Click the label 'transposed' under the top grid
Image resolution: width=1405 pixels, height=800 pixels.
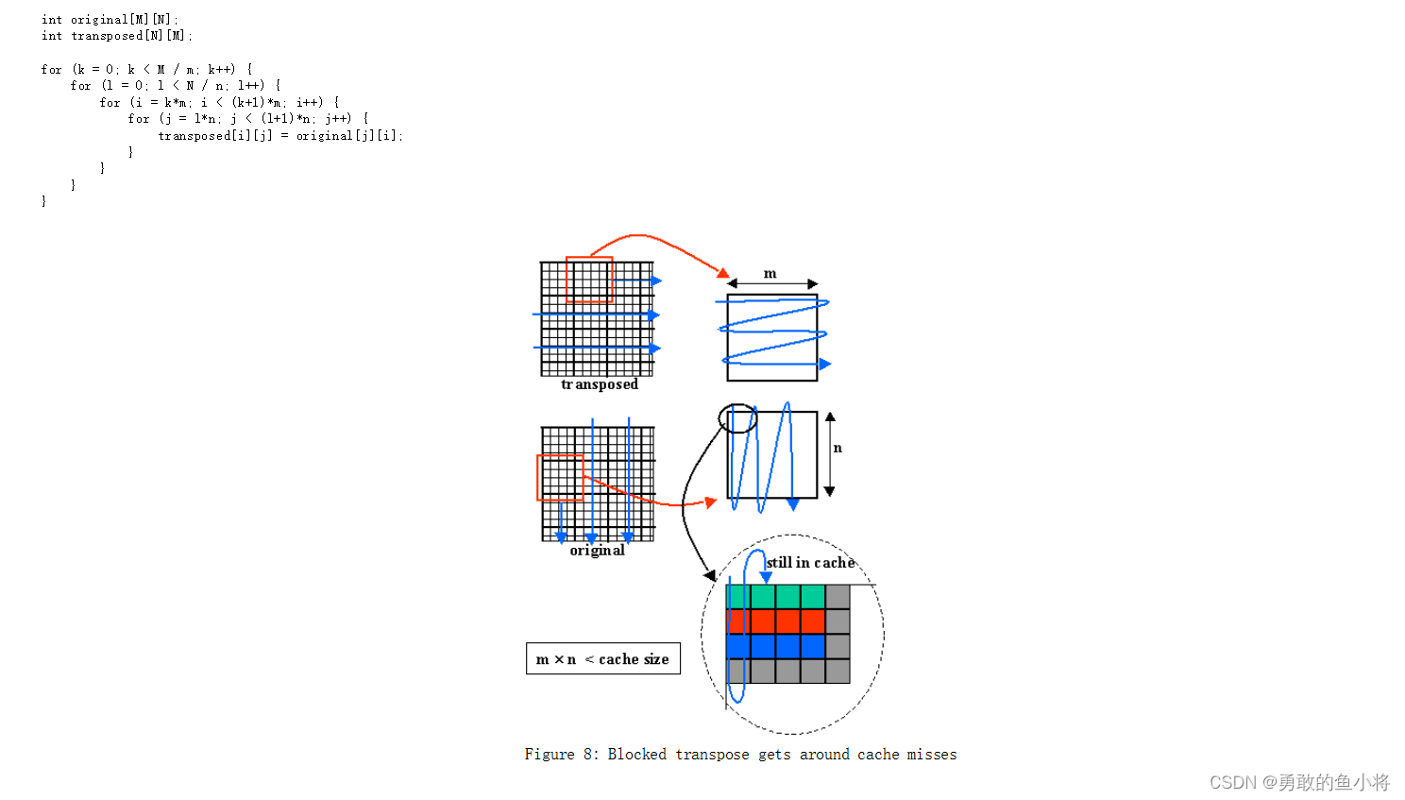click(600, 384)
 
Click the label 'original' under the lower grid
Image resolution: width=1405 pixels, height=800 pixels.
click(597, 551)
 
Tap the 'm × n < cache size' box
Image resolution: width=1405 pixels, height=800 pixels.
click(602, 659)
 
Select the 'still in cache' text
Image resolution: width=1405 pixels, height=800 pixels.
click(810, 563)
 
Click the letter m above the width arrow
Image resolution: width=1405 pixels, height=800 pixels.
click(770, 274)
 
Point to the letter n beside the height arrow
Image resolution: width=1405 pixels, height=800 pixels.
click(838, 448)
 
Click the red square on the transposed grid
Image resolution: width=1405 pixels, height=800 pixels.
click(589, 280)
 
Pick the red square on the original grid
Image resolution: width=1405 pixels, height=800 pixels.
click(560, 478)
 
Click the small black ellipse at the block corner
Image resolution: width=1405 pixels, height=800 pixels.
click(737, 418)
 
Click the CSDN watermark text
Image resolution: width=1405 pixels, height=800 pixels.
click(1299, 783)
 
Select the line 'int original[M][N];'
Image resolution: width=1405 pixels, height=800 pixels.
click(110, 20)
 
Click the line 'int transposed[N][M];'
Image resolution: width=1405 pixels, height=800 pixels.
click(117, 36)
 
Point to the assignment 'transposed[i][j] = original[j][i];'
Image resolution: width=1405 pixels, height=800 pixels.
click(280, 136)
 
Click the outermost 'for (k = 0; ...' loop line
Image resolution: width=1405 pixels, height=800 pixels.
click(146, 70)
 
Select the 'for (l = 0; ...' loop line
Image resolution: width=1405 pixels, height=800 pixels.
click(176, 86)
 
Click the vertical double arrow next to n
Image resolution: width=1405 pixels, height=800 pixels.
click(830, 454)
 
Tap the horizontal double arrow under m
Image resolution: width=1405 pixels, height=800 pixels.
click(772, 284)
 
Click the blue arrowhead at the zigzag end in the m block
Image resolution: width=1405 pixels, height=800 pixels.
click(825, 364)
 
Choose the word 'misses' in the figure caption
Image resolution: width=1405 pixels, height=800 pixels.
click(932, 755)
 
